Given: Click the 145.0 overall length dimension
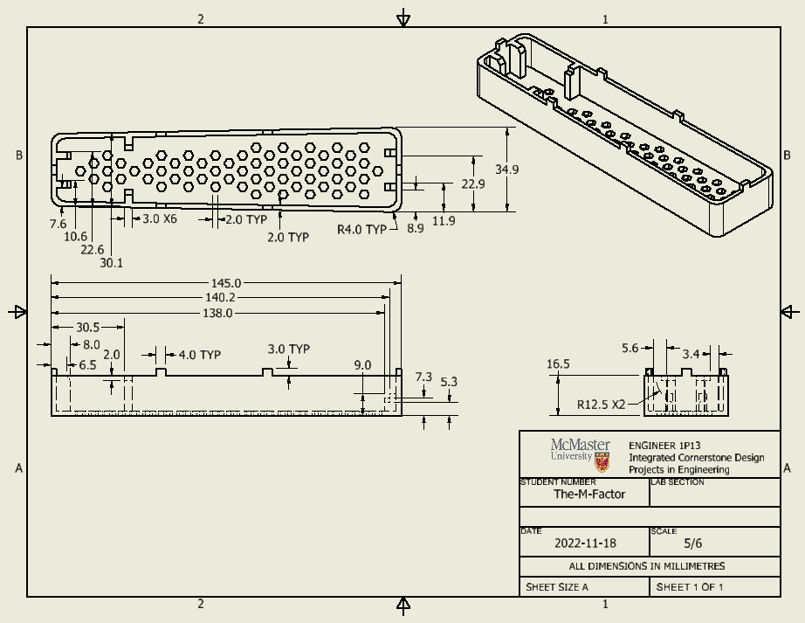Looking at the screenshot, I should point(225,283).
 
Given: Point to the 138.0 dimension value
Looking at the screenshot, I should point(218,313).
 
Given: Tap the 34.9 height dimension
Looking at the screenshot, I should point(506,170).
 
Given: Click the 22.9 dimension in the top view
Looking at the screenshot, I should point(473,184).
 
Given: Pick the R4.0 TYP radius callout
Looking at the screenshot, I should point(361,230).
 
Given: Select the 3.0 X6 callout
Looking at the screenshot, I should point(160,218).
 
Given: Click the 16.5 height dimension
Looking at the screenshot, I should point(558,364).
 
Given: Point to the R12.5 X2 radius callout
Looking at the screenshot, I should point(602,405).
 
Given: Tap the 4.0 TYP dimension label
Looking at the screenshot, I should point(199,355).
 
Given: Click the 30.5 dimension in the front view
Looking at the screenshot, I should point(87,328).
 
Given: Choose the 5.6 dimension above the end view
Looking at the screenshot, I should point(630,349).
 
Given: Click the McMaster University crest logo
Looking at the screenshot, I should point(602,461).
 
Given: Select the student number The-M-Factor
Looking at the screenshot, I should point(589,494).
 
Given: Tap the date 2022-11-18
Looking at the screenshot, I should point(585,543).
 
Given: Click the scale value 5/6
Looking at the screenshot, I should point(692,543).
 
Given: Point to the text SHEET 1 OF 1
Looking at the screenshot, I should point(690,587).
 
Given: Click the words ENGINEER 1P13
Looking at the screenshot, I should point(664,446).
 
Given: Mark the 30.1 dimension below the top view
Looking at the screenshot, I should point(112,263).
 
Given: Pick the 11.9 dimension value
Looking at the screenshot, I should point(444,221).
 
